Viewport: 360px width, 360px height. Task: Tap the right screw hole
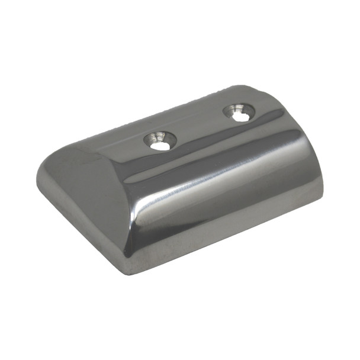pos(239,112)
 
